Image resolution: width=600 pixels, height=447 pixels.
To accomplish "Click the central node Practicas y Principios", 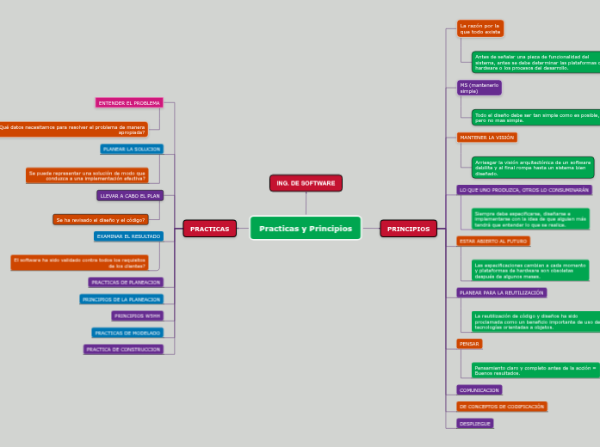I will click(x=306, y=229).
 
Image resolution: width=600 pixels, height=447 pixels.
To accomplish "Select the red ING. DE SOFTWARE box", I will click(x=306, y=183).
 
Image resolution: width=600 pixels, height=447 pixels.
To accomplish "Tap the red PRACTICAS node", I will click(x=209, y=229).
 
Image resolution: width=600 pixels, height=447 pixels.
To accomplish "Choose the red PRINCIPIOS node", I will click(x=408, y=229).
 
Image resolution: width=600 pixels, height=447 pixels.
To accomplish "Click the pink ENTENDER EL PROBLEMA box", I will click(x=129, y=103).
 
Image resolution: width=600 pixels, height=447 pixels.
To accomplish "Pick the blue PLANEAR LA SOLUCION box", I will click(x=132, y=150).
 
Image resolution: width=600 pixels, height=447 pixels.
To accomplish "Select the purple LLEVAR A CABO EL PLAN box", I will click(x=130, y=196).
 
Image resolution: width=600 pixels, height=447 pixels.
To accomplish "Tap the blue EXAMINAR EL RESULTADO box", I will click(x=128, y=236).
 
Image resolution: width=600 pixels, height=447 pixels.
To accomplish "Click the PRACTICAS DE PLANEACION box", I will click(x=125, y=282).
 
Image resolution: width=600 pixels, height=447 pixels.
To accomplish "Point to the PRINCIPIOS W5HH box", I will click(x=137, y=315).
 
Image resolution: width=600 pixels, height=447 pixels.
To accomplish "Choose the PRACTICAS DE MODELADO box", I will click(x=127, y=333).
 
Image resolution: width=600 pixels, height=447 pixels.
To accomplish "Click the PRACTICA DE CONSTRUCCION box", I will click(x=123, y=349).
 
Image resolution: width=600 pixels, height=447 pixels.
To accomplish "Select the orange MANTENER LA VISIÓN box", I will click(x=486, y=138).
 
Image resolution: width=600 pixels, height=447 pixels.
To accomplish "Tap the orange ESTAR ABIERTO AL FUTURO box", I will click(x=493, y=242).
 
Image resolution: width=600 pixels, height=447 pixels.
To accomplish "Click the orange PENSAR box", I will click(x=469, y=344).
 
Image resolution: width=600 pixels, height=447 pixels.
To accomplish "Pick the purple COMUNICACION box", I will click(x=479, y=390).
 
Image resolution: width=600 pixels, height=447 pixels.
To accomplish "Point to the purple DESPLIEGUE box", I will click(x=475, y=424).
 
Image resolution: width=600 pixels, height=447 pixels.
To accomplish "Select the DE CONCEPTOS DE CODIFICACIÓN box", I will click(x=501, y=407).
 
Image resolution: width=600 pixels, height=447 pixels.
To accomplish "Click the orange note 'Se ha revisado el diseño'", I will click(x=101, y=220).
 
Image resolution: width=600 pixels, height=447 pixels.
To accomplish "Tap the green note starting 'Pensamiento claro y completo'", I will click(x=534, y=370).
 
